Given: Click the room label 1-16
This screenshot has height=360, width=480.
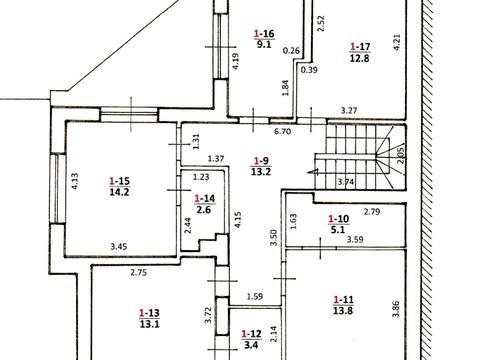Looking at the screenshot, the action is pos(264,33).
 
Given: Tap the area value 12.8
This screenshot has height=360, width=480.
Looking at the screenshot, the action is pos(360,58).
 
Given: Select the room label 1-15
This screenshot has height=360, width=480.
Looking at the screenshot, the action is pos(119,181).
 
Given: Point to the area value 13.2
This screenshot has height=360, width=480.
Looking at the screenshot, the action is pos(261,172).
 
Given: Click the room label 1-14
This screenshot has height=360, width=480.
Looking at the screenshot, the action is pos(205,199).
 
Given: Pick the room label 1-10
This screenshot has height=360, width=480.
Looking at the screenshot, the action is pos(338,219).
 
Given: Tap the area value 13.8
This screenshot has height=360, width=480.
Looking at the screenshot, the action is pos(343,311).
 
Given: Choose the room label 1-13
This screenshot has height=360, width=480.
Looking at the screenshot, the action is pos(149,313).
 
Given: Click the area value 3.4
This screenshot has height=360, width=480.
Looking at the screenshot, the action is pos(251,345).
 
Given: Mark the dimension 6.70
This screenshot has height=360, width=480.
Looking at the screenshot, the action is pos(282,131).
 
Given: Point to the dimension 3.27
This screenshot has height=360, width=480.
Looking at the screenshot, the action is pos(349,110).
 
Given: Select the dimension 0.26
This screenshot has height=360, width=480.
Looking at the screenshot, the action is pos(291,51).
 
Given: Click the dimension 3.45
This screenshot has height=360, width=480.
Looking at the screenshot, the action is pos(119,247).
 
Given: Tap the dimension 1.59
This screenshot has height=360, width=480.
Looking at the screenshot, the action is pos(255,296).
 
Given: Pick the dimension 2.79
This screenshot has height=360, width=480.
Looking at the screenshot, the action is pos(372,211).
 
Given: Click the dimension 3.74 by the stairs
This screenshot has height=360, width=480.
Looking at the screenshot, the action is pos(346,182).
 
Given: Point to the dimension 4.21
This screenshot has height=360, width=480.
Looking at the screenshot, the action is pos(397,42).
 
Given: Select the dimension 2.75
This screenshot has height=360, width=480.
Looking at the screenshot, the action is pos(138,273).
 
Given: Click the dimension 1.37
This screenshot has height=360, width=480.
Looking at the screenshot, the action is pos(216,159).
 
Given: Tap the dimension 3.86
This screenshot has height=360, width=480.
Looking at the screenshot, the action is pos(396,309).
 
